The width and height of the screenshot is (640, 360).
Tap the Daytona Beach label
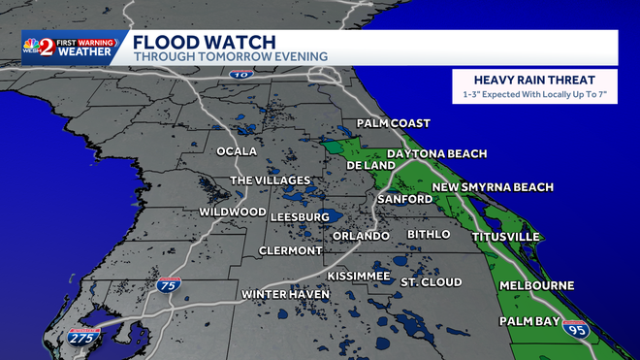[436, 154]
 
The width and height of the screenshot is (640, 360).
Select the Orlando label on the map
[361, 236]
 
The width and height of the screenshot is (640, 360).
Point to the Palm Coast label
[393, 123]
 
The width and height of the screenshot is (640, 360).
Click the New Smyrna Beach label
[493, 187]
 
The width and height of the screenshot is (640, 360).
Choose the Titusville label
[504, 237]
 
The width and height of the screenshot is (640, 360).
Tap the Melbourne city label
[536, 285]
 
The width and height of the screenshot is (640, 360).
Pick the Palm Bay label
[530, 320]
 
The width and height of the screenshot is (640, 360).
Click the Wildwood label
[232, 212]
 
